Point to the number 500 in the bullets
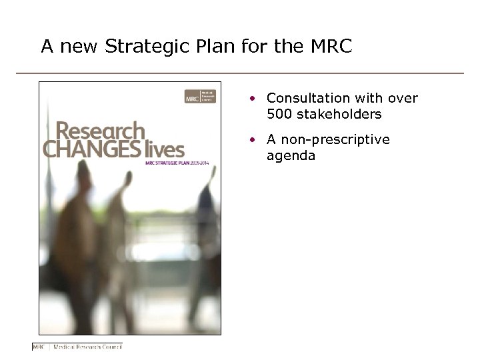(x=279, y=114)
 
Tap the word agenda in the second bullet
(x=291, y=156)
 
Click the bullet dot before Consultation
(x=253, y=99)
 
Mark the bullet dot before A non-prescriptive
(x=253, y=140)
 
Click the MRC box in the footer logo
(x=41, y=347)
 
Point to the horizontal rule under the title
(x=240, y=73)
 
